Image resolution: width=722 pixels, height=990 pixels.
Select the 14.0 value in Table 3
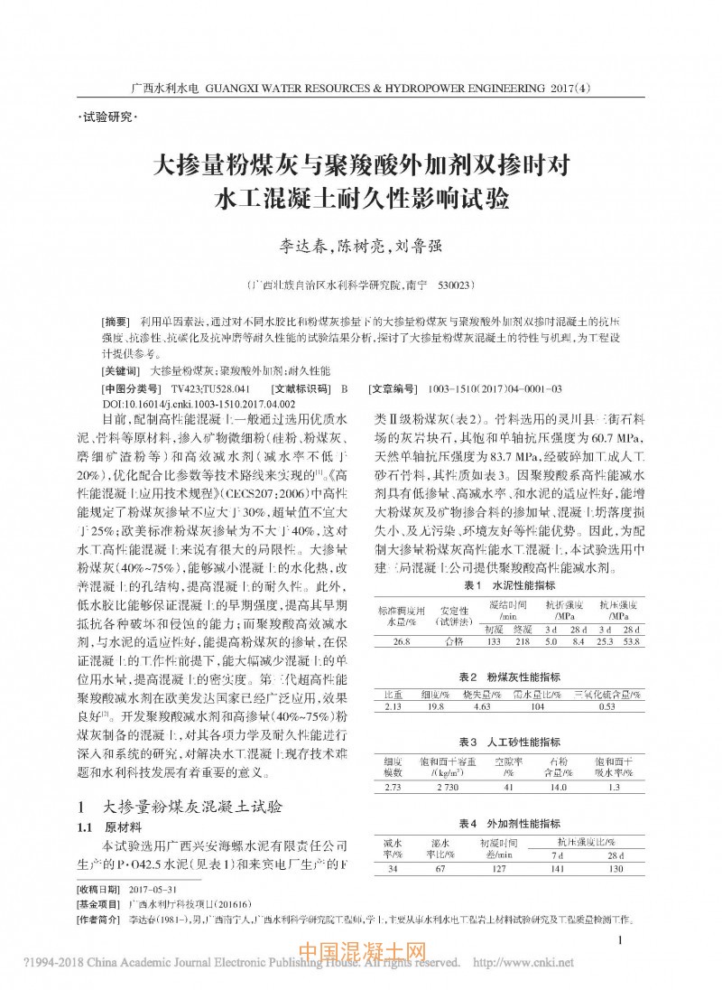tap(560, 787)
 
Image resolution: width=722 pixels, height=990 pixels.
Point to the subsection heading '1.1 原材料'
tap(109, 827)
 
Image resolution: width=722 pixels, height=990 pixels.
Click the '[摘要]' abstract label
tap(118, 322)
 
